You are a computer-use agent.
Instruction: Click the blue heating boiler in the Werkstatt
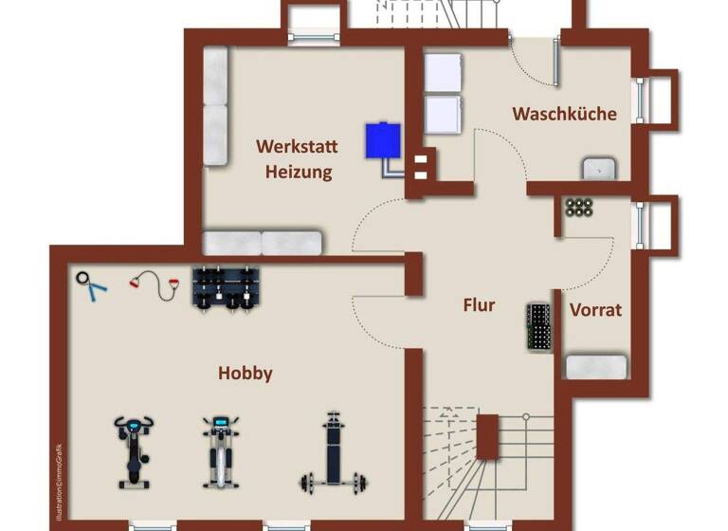[x=383, y=140]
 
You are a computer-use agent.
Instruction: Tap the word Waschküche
[x=564, y=114]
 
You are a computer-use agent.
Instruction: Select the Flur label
[x=479, y=305]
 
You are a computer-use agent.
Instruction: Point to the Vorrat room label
[x=595, y=309]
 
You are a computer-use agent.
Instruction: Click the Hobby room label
[x=246, y=374]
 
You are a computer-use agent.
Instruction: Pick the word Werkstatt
[x=299, y=147]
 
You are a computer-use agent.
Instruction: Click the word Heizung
[x=299, y=172]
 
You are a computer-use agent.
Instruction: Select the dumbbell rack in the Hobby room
[x=226, y=287]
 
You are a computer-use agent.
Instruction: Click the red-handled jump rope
[x=155, y=284]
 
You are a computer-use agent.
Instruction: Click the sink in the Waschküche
[x=598, y=169]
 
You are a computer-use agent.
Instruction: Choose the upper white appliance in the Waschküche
[x=443, y=73]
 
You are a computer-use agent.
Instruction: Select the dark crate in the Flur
[x=538, y=327]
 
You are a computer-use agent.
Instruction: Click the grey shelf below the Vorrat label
[x=595, y=367]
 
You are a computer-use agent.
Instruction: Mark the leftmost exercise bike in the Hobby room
[x=134, y=451]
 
